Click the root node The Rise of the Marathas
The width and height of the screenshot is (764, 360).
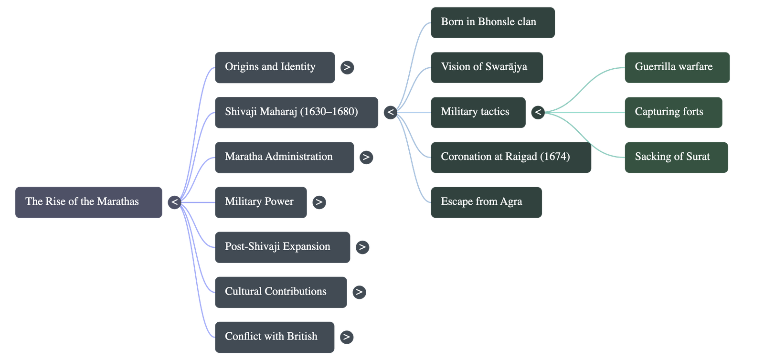click(x=88, y=202)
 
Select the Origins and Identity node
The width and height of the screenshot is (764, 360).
click(x=275, y=67)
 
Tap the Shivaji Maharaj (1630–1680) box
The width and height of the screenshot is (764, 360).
click(x=296, y=112)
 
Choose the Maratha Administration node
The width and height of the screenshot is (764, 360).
click(x=284, y=157)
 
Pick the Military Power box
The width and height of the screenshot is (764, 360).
click(x=260, y=202)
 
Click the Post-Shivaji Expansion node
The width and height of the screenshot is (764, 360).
click(x=282, y=247)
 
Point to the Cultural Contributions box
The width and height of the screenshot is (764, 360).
click(x=280, y=292)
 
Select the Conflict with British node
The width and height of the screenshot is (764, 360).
click(x=275, y=337)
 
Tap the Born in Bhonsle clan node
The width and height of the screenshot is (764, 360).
click(x=493, y=22)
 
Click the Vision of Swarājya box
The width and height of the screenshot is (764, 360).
click(x=486, y=67)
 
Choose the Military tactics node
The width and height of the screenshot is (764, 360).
click(x=477, y=112)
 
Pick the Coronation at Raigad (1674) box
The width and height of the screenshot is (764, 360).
click(x=510, y=157)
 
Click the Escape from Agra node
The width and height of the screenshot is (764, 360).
click(x=486, y=202)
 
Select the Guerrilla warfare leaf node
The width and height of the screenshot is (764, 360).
click(x=677, y=67)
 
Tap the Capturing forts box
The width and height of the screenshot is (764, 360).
click(x=673, y=112)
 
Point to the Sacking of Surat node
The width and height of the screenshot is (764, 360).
click(x=676, y=157)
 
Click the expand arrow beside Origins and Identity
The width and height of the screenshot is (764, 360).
click(x=347, y=67)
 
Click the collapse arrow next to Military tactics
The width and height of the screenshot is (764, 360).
click(x=538, y=112)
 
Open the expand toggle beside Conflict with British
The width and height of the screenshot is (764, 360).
click(x=347, y=337)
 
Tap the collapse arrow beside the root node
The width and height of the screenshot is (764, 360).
click(x=175, y=202)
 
